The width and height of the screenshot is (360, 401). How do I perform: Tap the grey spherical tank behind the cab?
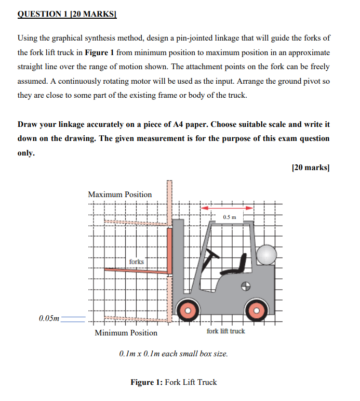coord(266,255)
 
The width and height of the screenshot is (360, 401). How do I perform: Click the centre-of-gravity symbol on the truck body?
coord(246,286)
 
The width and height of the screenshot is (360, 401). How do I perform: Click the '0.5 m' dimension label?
coord(229,216)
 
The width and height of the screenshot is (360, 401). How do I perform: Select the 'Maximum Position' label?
coord(120,195)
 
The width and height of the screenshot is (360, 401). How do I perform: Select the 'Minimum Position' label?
coord(126,333)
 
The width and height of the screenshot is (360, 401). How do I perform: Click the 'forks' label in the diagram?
coord(136,262)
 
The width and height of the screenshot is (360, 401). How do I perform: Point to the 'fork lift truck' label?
coord(225,331)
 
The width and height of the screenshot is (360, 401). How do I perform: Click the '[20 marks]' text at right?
coord(311,167)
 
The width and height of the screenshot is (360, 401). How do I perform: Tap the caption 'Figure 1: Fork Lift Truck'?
coord(174,382)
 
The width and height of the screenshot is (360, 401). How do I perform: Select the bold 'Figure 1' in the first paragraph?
coord(99,53)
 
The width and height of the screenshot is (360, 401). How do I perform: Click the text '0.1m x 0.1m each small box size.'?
coord(174,354)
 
